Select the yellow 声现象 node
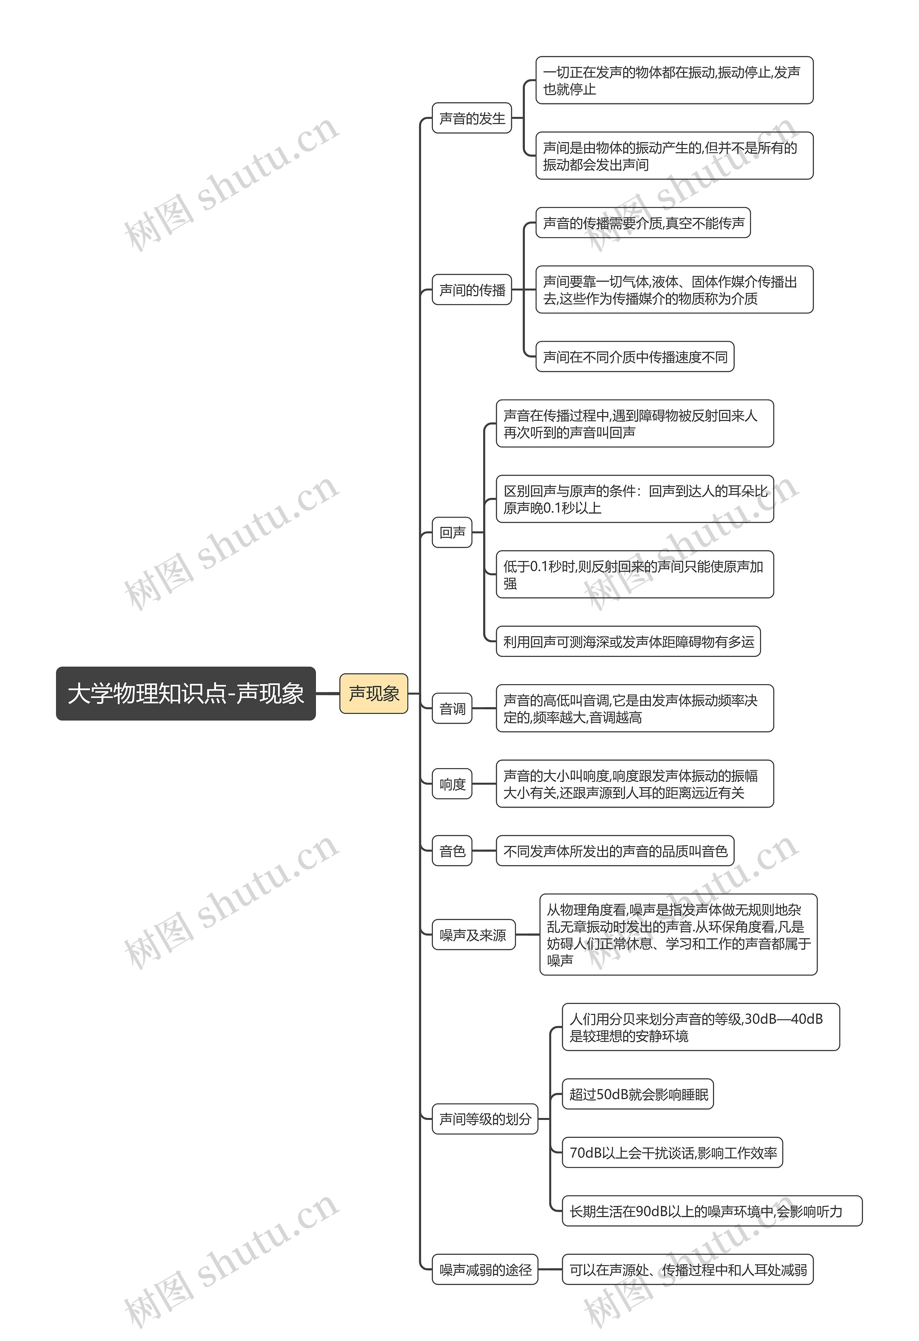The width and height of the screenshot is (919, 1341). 373,693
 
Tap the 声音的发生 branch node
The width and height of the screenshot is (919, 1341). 472,118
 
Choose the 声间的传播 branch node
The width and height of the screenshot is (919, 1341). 472,290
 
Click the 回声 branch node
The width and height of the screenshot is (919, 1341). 452,532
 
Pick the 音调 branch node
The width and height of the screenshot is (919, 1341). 452,709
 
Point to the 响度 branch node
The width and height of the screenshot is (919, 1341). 452,784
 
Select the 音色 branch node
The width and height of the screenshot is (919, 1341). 452,851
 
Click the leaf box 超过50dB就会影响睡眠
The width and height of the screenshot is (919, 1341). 638,1094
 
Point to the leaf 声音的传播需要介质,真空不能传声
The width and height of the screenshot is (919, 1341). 643,223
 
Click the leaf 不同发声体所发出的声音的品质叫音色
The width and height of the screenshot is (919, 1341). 615,851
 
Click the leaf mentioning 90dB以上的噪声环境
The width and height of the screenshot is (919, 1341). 712,1211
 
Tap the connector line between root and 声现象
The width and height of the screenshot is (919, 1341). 327,693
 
